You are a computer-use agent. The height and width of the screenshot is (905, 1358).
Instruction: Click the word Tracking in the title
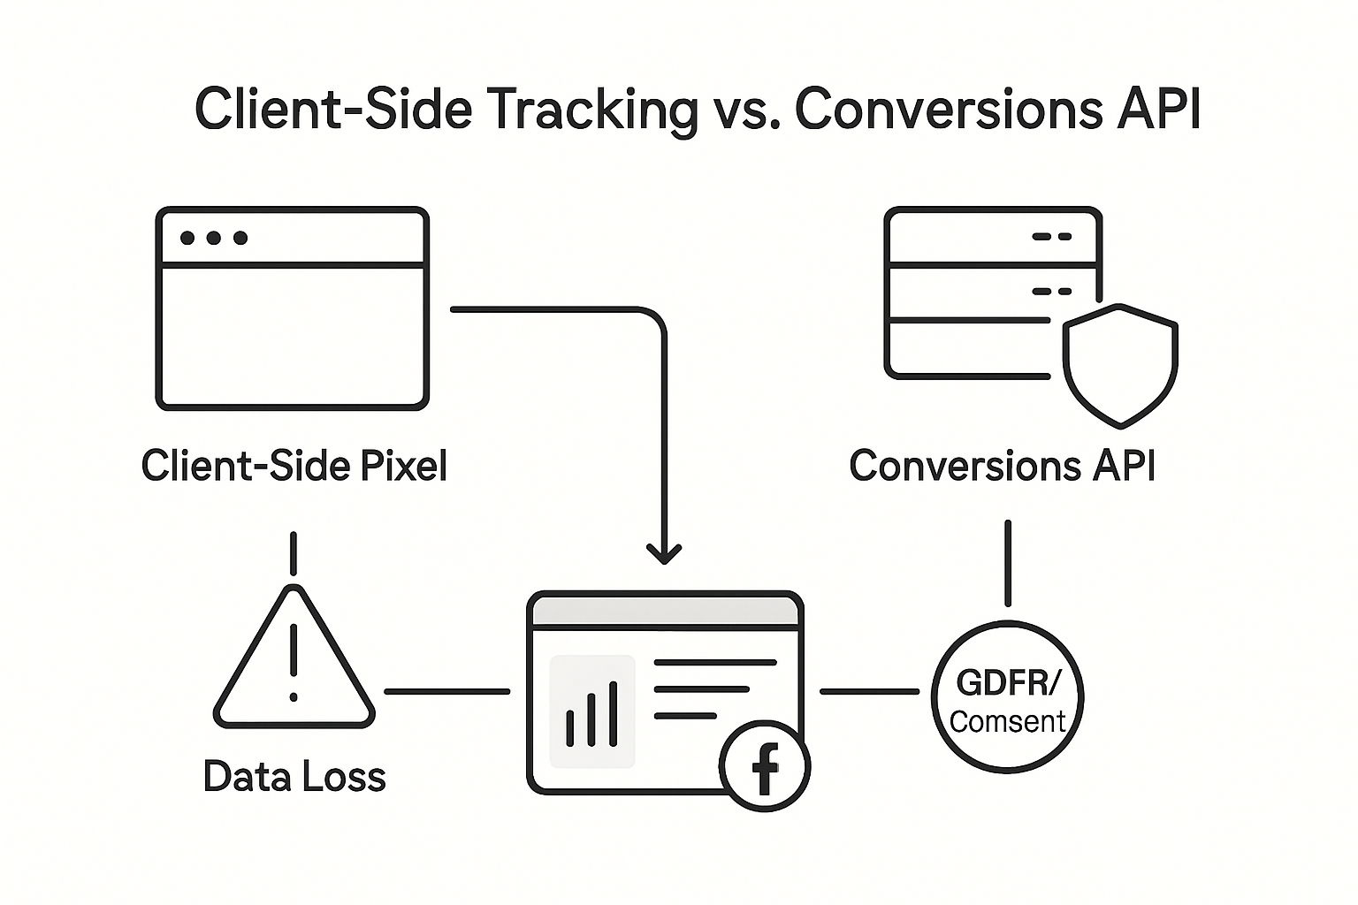pos(592,110)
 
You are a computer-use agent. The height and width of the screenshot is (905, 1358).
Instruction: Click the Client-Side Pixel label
pos(294,466)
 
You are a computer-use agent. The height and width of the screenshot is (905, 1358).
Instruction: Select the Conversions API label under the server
pos(1002,466)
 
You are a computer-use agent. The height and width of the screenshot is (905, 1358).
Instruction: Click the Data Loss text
pos(294,777)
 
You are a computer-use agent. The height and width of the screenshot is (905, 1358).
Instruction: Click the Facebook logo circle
pos(765,765)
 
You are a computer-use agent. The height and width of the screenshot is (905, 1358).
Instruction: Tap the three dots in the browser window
pos(213,238)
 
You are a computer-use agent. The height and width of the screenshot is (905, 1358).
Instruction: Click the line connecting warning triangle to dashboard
pos(446,691)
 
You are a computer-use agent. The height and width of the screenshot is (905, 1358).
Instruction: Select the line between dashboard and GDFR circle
pos(870,691)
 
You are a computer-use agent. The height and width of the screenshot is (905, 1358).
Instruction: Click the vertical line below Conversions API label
pos(1007,562)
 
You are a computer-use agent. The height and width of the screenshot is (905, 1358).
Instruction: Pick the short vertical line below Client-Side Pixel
pos(293,553)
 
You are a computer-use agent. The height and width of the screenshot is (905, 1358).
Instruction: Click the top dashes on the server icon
pos(1051,237)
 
